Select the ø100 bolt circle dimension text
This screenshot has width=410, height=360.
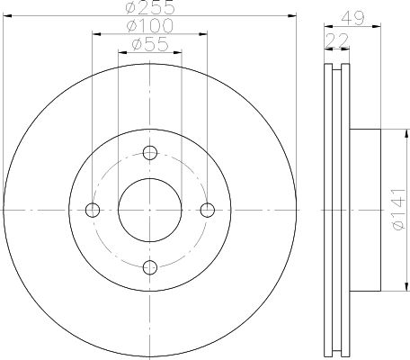pyautogui.click(x=150, y=25)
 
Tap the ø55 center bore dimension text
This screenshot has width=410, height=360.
pyautogui.click(x=150, y=44)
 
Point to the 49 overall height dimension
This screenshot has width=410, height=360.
pyautogui.click(x=352, y=18)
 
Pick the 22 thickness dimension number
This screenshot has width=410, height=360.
pyautogui.click(x=337, y=40)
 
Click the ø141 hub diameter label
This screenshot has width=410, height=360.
pyautogui.click(x=398, y=210)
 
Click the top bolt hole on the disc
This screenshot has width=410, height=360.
pyautogui.click(x=150, y=153)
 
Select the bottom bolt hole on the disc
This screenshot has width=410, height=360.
pyautogui.click(x=150, y=267)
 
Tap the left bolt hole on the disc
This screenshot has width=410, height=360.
pyautogui.click(x=93, y=210)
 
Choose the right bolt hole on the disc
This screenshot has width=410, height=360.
pyautogui.click(x=207, y=210)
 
